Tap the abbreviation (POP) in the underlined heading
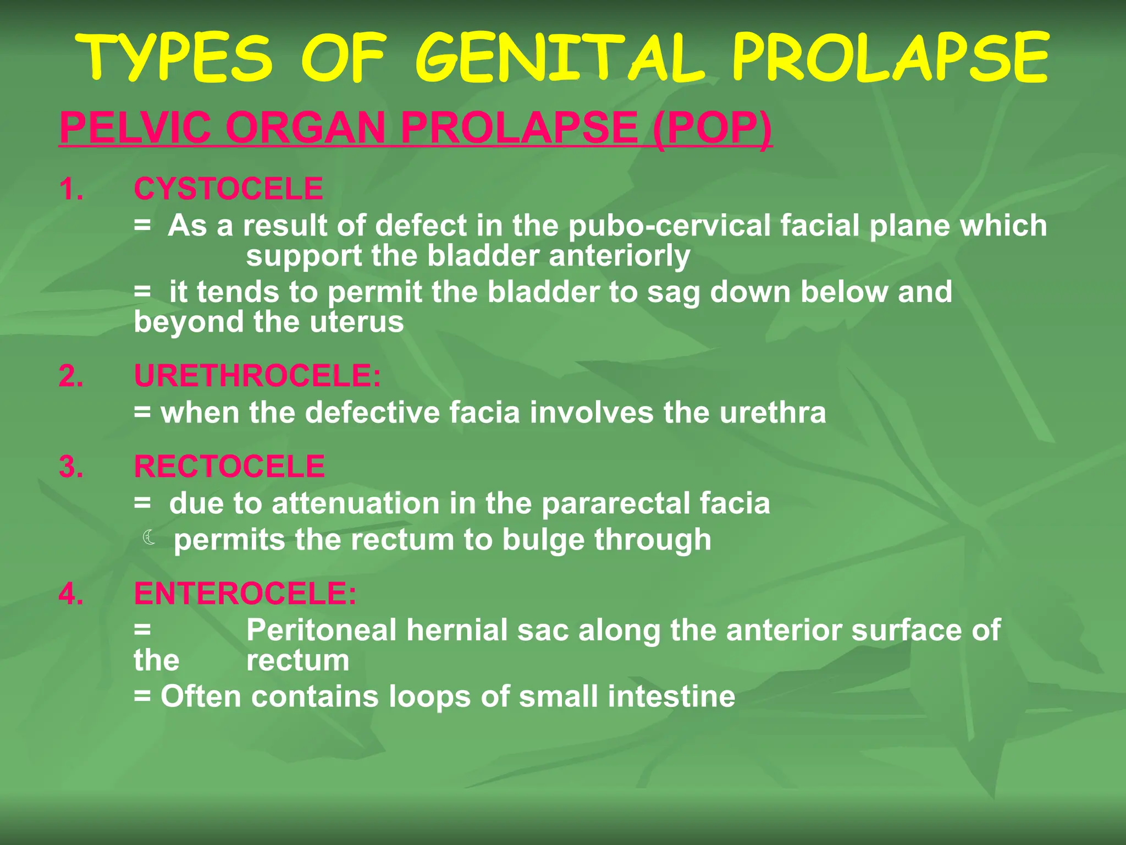(x=712, y=128)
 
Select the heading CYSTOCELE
(x=228, y=189)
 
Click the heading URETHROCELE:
(x=257, y=376)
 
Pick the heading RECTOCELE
(x=229, y=467)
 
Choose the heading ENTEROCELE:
(x=245, y=594)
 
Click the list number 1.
(x=71, y=189)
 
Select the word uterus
(x=357, y=322)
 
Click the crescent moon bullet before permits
(x=148, y=537)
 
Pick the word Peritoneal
(x=322, y=630)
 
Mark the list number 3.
(x=71, y=467)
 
